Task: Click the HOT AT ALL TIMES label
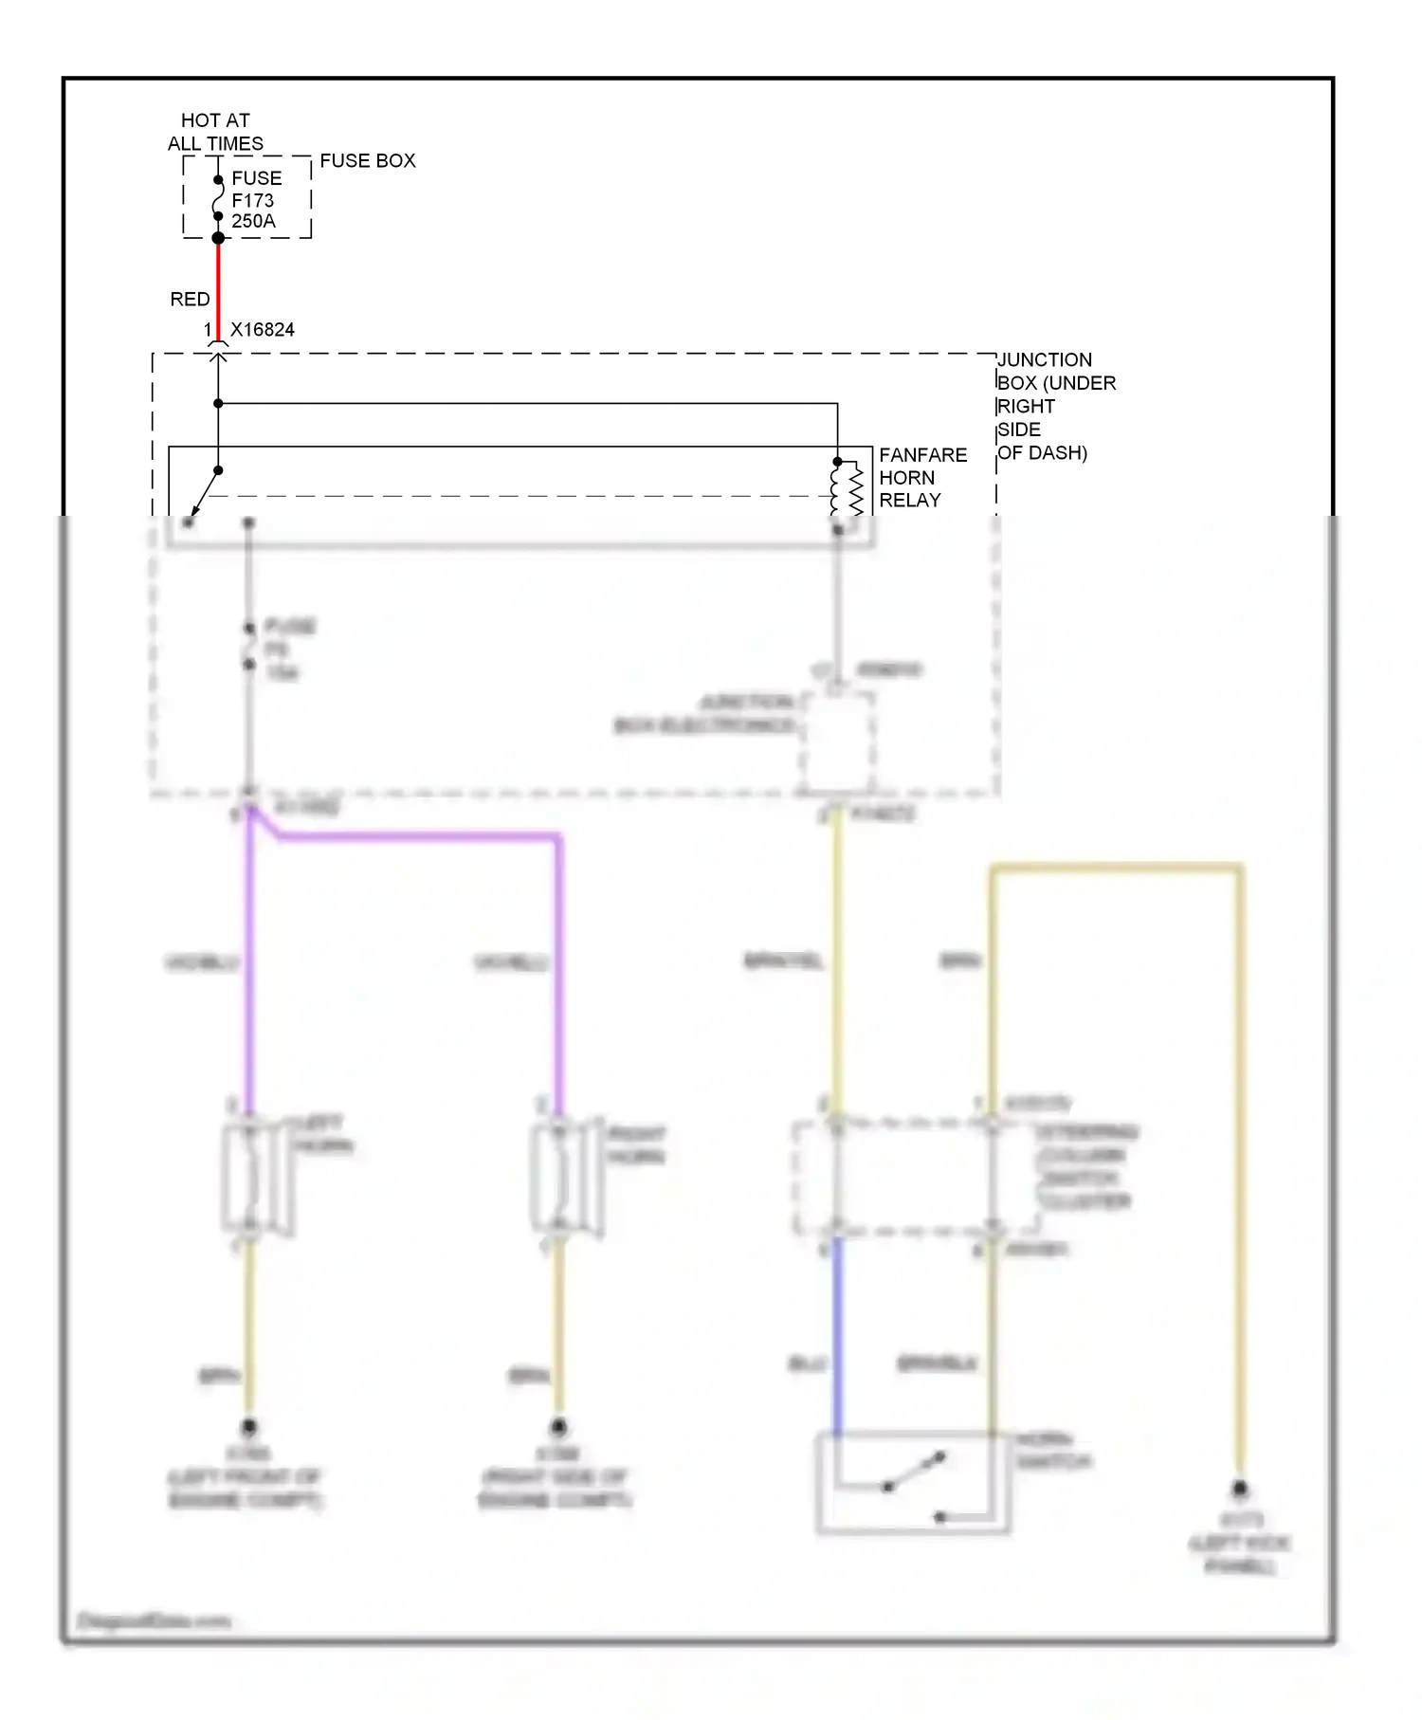[x=215, y=132]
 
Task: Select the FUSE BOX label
[x=367, y=160]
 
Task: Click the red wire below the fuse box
[x=218, y=284]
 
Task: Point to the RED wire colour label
[x=190, y=299]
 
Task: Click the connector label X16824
[x=262, y=330]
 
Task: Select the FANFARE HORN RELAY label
[x=922, y=477]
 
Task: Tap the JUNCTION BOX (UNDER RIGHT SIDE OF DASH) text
[x=1054, y=406]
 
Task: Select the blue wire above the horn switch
[x=837, y=1337]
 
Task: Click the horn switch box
[x=912, y=1482]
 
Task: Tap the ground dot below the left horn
[x=249, y=1426]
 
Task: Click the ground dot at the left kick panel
[x=1239, y=1490]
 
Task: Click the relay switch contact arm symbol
[x=203, y=495]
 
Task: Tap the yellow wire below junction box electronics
[x=837, y=958]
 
